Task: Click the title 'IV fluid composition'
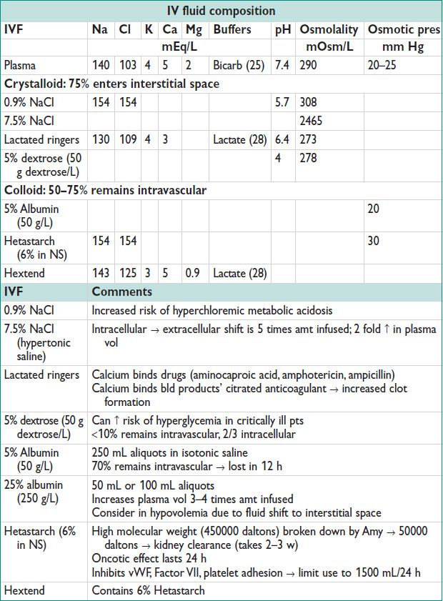point(221,11)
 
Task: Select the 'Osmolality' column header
point(329,30)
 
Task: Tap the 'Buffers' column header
point(229,30)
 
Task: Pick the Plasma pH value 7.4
point(282,66)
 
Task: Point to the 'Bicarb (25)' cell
point(238,66)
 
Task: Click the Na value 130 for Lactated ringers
point(101,139)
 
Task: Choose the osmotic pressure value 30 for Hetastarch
point(374,242)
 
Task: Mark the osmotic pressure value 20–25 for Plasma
point(382,66)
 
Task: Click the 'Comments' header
point(122,292)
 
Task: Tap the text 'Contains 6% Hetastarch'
point(147,590)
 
